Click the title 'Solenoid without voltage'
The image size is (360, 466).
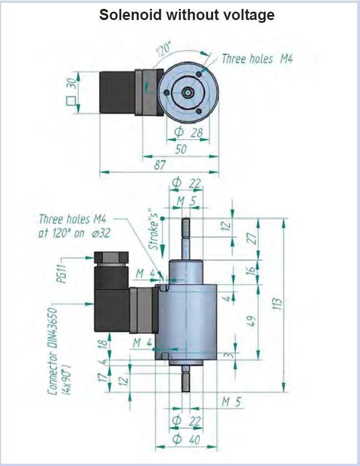[x=186, y=15]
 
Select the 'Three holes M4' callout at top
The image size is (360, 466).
[x=257, y=58]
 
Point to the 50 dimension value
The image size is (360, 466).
[x=181, y=150]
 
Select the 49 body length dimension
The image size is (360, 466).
[x=251, y=321]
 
